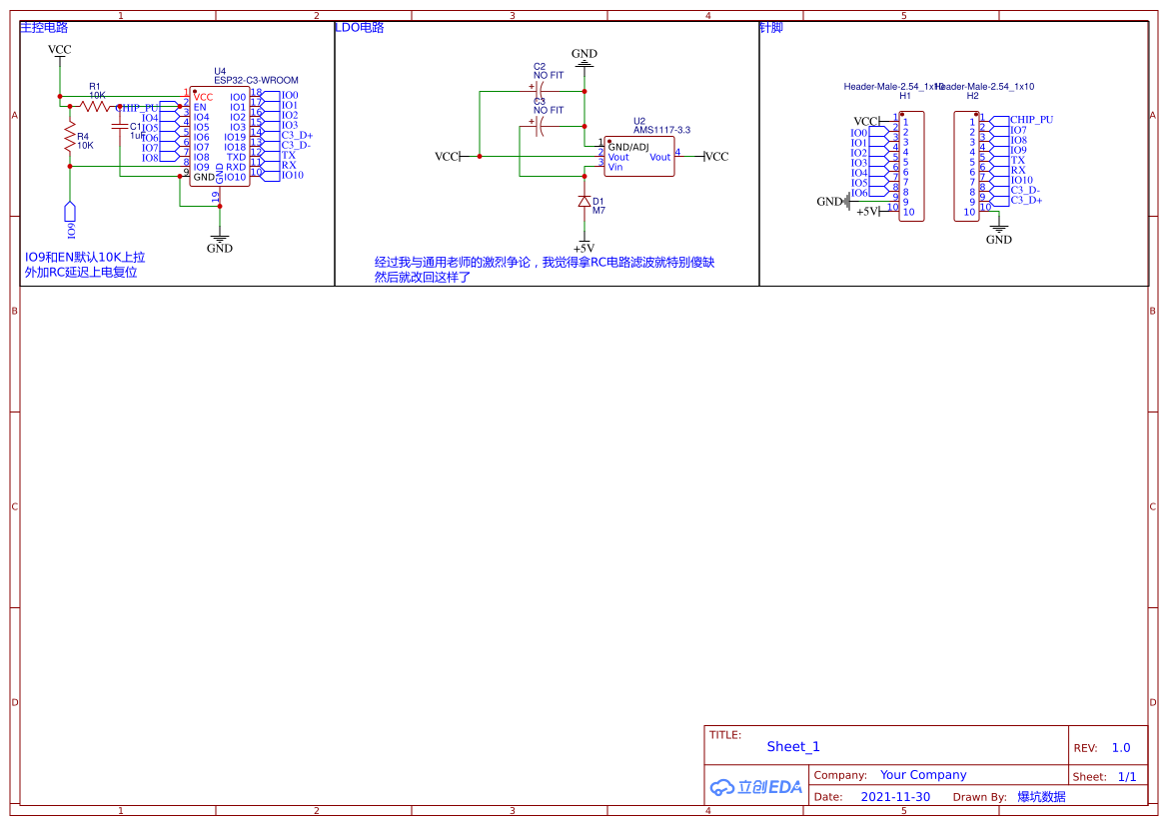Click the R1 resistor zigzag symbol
[95, 105]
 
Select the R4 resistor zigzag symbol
[70, 138]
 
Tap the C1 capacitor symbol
[120, 128]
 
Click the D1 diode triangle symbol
[584, 201]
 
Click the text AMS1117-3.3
[661, 130]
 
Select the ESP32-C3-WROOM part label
[256, 80]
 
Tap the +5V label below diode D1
[584, 248]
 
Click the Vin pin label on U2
[615, 167]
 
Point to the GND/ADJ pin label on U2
[627, 147]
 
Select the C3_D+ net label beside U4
[297, 135]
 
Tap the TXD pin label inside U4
[236, 157]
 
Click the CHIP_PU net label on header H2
[1031, 119]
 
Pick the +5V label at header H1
[867, 212]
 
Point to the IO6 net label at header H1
[859, 193]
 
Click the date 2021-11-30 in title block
[895, 797]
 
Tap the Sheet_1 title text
[793, 746]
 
